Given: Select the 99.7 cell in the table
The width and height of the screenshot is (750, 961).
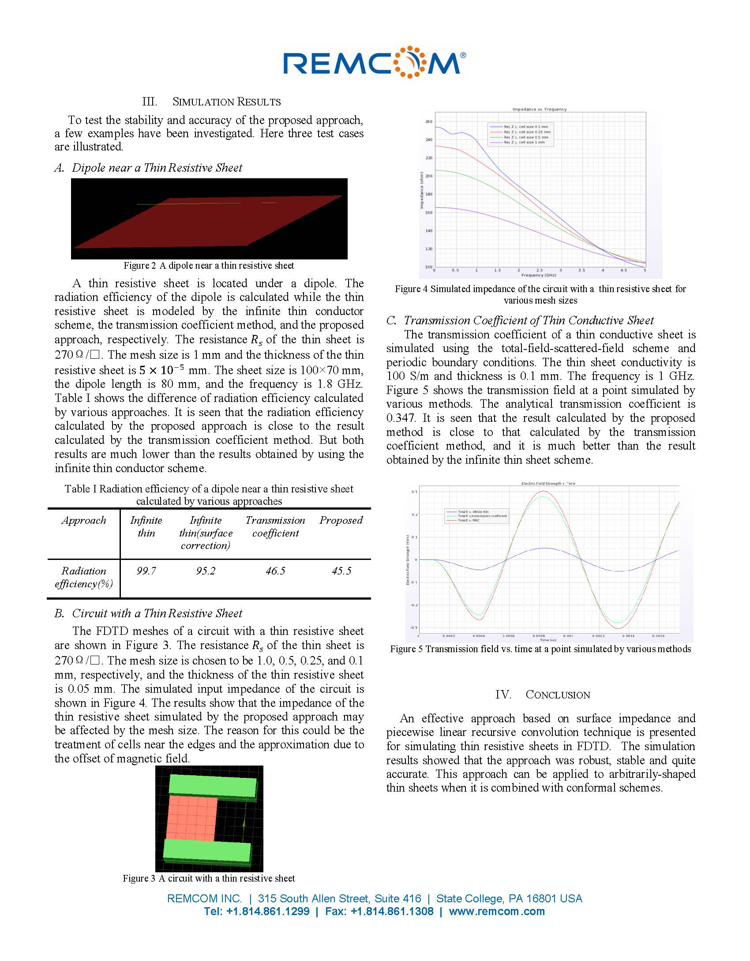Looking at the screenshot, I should (146, 571).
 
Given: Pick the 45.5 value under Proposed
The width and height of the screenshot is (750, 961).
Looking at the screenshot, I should (341, 571).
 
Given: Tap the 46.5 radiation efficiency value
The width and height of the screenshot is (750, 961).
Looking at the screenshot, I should (275, 571).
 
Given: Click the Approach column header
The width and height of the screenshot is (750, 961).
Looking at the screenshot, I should (84, 520).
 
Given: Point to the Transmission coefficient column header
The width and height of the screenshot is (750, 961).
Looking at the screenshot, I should (275, 526).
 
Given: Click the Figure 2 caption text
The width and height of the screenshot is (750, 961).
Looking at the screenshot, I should (209, 266).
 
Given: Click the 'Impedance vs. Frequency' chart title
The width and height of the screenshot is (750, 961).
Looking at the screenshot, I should (539, 109).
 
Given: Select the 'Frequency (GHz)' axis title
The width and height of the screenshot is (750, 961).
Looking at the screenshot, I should (539, 275).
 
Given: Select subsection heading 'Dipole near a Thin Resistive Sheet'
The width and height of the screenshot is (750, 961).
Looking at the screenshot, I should (157, 168).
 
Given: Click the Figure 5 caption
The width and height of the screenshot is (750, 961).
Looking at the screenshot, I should (540, 649).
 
